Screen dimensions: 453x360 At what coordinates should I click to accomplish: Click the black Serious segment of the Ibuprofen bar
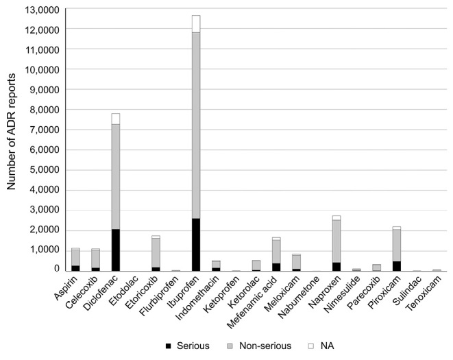[196, 245]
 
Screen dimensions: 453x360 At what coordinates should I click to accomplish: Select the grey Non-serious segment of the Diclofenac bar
[116, 177]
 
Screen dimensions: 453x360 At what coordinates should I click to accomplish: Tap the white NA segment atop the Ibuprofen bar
[196, 24]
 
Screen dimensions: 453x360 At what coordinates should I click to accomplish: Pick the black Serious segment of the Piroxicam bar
[396, 266]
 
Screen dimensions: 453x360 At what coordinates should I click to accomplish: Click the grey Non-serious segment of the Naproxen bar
[336, 241]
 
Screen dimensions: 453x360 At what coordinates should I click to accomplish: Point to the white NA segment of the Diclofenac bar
[116, 119]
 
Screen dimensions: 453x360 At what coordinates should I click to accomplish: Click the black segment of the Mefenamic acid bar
[276, 267]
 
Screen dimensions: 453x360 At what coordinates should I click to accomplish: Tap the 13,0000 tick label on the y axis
[44, 10]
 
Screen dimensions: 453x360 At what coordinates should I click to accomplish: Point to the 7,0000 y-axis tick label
[44, 130]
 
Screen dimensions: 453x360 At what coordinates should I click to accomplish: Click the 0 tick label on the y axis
[57, 269]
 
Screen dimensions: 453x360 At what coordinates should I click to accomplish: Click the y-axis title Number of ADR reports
[11, 132]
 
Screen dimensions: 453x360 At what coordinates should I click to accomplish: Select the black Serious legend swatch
[169, 346]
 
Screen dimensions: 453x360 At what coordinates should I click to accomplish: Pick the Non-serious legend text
[265, 346]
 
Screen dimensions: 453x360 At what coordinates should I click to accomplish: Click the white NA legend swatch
[311, 346]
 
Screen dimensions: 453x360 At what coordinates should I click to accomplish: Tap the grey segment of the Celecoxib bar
[96, 259]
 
